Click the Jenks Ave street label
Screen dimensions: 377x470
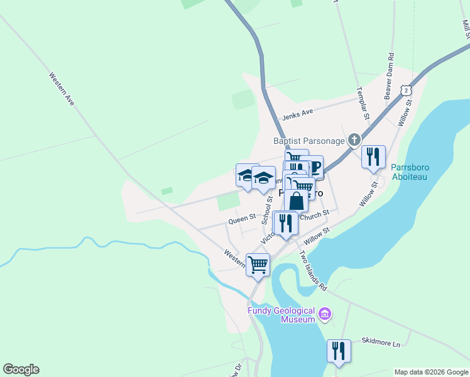[297, 113]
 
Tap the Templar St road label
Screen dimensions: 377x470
[363, 104]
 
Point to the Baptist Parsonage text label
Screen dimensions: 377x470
[308, 141]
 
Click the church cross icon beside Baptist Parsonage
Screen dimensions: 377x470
[354, 139]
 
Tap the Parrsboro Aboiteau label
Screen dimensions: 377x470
[410, 172]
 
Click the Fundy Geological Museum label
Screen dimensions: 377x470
[280, 315]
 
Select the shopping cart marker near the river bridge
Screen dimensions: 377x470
[258, 265]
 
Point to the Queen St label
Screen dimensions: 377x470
[242, 219]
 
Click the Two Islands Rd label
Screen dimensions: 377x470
[313, 271]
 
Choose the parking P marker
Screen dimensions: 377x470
[314, 168]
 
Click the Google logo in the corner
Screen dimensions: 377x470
[21, 369]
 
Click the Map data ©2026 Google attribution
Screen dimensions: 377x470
[431, 372]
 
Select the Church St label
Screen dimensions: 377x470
[315, 216]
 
